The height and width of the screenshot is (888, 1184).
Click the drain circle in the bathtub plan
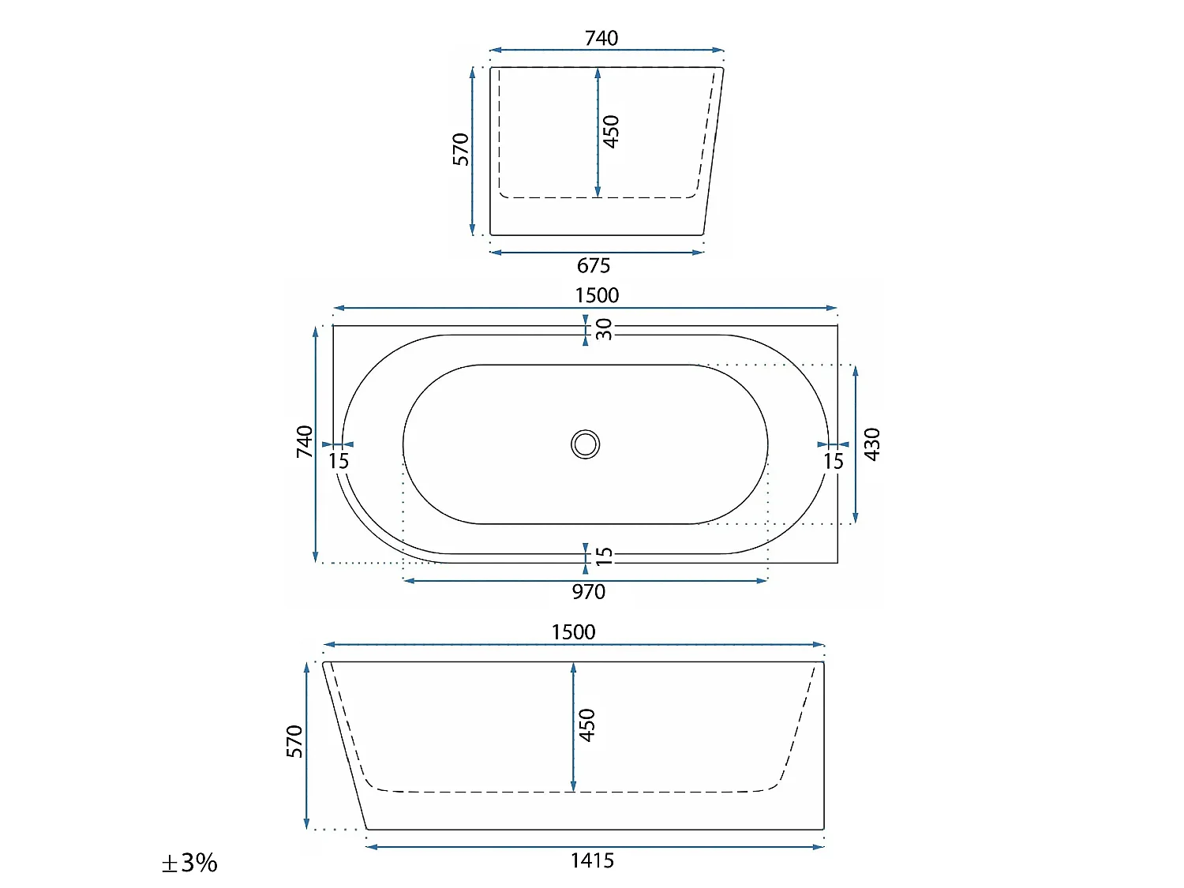tap(585, 444)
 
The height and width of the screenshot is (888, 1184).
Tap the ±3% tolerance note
tap(189, 863)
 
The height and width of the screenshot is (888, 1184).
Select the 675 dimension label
tap(594, 265)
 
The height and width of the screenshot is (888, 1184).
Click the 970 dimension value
tap(589, 592)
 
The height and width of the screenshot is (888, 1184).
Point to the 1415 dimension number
tap(592, 860)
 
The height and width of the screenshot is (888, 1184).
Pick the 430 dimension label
tap(871, 444)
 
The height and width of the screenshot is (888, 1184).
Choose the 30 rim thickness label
tap(604, 329)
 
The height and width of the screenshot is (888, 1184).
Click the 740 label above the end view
tap(601, 38)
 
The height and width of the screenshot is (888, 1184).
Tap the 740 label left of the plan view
tap(305, 441)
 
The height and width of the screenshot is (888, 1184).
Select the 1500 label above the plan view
tap(597, 295)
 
